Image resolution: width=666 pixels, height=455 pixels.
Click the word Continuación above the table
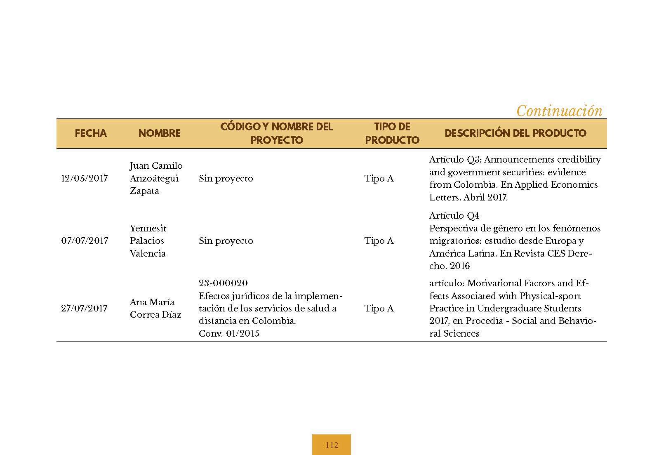tap(559, 111)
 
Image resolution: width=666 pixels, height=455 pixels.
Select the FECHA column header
tap(91, 133)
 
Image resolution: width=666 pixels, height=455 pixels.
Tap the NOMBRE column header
tap(159, 133)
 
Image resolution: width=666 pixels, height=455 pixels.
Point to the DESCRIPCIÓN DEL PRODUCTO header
tap(515, 133)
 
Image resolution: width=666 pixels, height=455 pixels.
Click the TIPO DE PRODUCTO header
tap(392, 133)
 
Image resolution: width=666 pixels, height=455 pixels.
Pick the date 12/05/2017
tap(85, 179)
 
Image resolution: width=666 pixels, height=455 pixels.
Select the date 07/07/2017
tap(85, 241)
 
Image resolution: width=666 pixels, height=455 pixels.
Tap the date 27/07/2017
tap(85, 309)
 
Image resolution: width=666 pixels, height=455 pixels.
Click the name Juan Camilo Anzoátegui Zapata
tap(156, 178)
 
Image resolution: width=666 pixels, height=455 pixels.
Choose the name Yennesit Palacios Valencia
tap(148, 241)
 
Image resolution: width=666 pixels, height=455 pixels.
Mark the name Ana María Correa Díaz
tap(155, 309)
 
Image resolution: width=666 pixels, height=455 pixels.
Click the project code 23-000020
tap(223, 283)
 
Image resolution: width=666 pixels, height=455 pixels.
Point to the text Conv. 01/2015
tap(229, 334)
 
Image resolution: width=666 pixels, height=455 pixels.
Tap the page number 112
tap(332, 445)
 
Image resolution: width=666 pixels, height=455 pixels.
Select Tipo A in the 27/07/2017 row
tap(379, 309)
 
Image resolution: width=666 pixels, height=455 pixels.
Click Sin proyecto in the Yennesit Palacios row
tap(226, 241)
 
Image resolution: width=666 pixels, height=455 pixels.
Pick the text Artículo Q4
tap(454, 216)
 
